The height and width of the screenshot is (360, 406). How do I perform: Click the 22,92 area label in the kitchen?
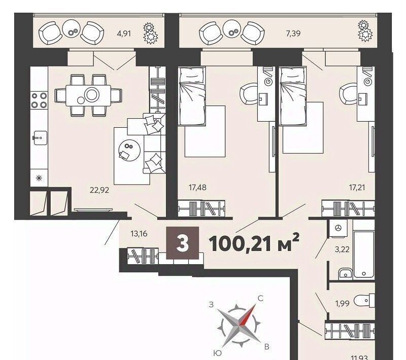[99, 190]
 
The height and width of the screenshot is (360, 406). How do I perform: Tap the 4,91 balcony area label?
[124, 33]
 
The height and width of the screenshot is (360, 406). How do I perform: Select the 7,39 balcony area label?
[293, 33]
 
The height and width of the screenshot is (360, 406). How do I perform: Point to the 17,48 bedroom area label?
[197, 187]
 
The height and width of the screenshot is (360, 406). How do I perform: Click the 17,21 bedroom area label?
[357, 187]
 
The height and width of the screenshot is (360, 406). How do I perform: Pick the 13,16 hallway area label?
[139, 234]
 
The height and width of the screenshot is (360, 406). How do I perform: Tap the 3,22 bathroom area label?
[342, 249]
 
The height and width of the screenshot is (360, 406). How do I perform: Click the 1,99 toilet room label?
[342, 303]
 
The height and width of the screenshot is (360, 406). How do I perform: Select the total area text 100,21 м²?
[254, 243]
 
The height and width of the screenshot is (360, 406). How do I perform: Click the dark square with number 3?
[183, 243]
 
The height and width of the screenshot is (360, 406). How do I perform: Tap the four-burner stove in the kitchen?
[39, 100]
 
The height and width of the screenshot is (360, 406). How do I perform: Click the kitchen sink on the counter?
[40, 138]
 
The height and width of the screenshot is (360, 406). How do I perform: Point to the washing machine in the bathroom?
[338, 228]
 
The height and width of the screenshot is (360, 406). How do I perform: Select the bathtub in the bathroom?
[364, 255]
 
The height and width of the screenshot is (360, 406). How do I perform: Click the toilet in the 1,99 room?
[364, 301]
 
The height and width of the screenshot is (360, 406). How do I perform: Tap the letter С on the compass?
[260, 299]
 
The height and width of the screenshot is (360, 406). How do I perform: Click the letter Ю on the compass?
[218, 353]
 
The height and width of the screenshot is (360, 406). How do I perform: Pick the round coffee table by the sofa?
[129, 150]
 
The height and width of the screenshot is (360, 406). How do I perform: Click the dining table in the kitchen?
[88, 95]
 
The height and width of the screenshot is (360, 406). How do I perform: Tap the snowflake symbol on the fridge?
[39, 178]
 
